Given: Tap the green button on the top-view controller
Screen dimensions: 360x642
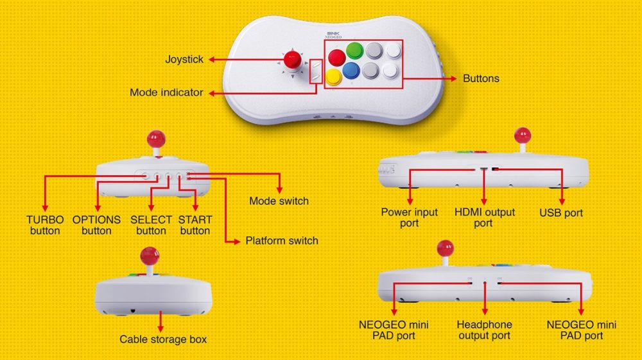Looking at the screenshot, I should point(354,50).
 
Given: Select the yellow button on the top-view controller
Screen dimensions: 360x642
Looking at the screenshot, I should point(333,77).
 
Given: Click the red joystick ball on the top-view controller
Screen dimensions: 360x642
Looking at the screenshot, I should point(293,60).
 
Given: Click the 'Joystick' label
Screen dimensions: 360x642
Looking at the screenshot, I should point(184,59).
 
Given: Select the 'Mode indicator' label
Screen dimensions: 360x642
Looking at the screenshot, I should point(166,92).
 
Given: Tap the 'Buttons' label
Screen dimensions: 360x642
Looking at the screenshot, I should point(481,78).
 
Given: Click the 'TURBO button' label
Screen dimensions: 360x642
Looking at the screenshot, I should point(45,225).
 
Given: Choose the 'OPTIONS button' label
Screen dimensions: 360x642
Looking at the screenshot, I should point(96,225).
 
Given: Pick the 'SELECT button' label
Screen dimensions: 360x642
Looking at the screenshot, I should point(152,225).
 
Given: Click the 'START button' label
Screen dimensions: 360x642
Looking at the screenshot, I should point(195,225).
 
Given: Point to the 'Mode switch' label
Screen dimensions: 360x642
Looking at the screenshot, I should point(279,201).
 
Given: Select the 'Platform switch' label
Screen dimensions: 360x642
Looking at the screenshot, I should point(282,241).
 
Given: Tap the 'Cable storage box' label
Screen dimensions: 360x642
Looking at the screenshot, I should point(163,339).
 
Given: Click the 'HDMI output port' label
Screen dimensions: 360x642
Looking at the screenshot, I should point(483,217).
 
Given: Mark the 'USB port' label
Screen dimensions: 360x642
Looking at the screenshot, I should point(560,212).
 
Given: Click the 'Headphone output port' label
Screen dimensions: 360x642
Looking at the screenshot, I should point(484,330).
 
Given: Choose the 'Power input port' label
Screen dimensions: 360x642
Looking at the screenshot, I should point(409,217).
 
